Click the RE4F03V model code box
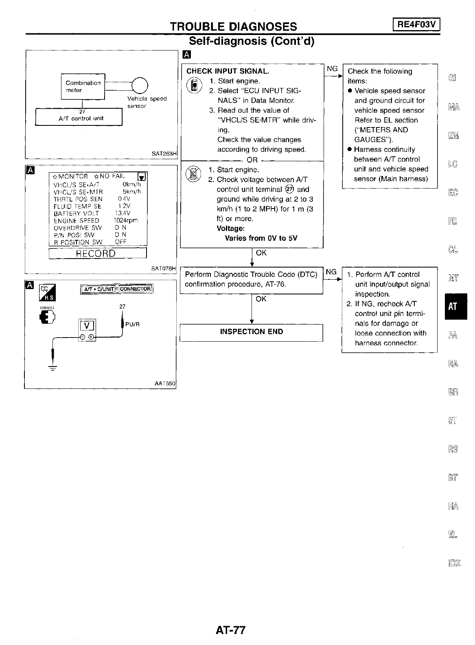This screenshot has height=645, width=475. coord(416,25)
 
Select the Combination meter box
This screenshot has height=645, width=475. coord(83,86)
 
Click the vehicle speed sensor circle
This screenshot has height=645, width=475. coord(139,86)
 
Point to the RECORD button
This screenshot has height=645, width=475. coord(97,253)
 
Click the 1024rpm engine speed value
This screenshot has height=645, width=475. coord(125,220)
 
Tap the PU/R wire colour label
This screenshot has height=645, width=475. coord(133,325)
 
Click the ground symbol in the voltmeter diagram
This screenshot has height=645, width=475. coord(53,367)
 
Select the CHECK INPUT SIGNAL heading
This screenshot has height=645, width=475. coord(228,71)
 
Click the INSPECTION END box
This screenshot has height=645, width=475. coord(251,332)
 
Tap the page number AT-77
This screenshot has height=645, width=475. coord(231,630)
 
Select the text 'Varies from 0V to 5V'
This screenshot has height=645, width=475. coord(261,238)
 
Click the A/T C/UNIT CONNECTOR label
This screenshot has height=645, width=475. coord(116,289)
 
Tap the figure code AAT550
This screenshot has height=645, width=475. coord(164,384)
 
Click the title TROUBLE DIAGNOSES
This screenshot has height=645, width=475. coord(233,26)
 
